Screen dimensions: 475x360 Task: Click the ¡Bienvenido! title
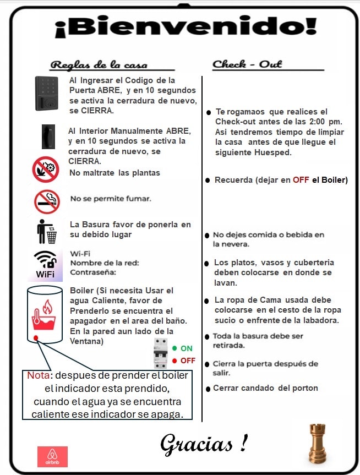pos(186,28)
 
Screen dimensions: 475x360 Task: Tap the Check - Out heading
pos(247,64)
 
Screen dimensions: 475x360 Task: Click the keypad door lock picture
pos(47,93)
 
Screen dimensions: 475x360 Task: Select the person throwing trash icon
pos(47,231)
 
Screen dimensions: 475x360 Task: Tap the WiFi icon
pos(45,264)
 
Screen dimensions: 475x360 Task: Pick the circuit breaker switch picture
pos(160,353)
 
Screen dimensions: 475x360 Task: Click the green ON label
pos(186,348)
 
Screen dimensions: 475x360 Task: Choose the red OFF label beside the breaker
pos(187,361)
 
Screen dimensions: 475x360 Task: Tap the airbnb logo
pos(52,456)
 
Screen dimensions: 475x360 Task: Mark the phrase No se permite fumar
pos(111,198)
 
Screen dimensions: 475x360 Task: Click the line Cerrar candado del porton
pos(265,388)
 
